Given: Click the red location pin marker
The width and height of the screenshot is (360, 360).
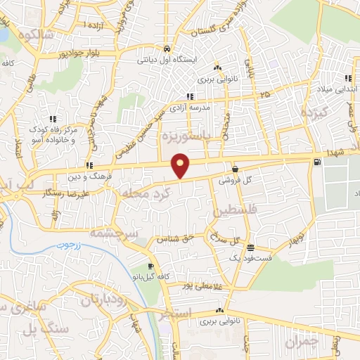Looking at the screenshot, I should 181,165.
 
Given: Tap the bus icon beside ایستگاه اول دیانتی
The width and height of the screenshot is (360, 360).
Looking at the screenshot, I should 167,49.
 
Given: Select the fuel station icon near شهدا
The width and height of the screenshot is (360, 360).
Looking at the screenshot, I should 318,162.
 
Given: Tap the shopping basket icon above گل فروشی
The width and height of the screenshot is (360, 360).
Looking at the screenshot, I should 234,169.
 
